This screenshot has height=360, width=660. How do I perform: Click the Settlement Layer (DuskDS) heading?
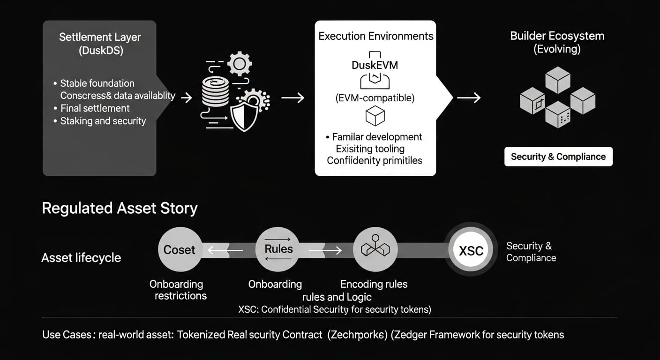click(x=100, y=44)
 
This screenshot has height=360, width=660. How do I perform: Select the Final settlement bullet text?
click(x=95, y=108)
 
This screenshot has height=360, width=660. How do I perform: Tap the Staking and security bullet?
click(x=103, y=121)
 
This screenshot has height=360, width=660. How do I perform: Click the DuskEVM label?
click(x=375, y=65)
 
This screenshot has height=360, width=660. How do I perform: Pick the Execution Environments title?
click(x=376, y=36)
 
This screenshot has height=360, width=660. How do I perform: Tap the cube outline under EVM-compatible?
click(x=375, y=116)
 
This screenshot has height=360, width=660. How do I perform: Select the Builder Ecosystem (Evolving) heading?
click(x=557, y=42)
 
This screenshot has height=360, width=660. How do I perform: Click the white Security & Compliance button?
click(x=558, y=157)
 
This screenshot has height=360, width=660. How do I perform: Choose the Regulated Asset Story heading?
click(x=120, y=208)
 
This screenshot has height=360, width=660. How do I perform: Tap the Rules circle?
click(x=278, y=249)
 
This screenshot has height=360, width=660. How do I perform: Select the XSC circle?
click(x=471, y=251)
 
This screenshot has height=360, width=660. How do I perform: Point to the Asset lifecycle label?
click(x=81, y=258)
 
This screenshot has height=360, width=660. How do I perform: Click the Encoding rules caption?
click(x=374, y=284)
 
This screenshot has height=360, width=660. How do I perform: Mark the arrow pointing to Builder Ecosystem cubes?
click(x=468, y=97)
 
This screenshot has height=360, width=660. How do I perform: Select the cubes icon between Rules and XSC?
click(x=375, y=249)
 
